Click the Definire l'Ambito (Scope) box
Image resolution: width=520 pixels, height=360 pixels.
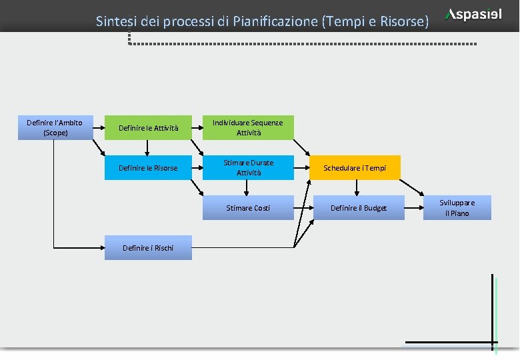coord(54,127)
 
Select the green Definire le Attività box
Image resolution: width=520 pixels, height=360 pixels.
coord(148,128)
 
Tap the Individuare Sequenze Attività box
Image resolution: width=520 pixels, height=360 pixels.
coord(248,128)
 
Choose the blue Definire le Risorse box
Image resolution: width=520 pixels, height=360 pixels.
coord(148,168)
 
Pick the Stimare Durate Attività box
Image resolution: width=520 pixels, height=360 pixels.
coord(248,168)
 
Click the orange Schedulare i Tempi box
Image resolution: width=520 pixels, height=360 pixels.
coord(355,168)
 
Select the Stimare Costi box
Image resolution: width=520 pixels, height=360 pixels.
coord(248,208)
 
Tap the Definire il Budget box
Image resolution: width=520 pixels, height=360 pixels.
coord(359,208)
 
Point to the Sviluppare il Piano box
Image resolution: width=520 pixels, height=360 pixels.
coord(457,208)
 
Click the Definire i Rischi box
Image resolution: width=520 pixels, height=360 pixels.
coord(148,248)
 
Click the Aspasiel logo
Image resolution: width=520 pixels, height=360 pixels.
coord(474,15)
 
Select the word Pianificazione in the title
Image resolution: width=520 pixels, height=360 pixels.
coord(276,21)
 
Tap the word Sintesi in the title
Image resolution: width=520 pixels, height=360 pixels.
coord(115,21)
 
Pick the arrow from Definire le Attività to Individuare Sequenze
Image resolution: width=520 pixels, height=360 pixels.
coord(197,127)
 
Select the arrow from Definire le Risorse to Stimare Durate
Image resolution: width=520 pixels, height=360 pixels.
coord(197,168)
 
